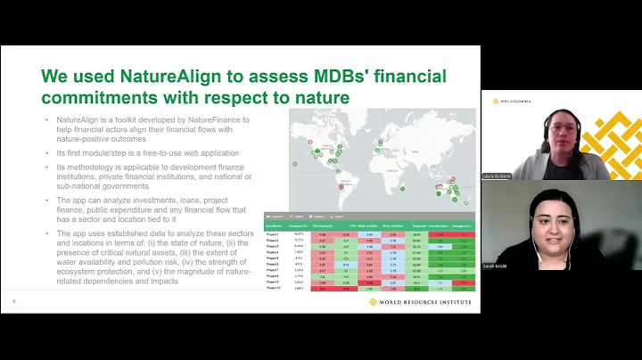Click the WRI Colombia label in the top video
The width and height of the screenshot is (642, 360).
pos(516,101)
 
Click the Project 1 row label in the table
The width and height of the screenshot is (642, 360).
pos(272,234)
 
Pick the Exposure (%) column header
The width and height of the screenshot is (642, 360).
pos(299,227)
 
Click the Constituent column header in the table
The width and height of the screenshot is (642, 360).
pos(274,227)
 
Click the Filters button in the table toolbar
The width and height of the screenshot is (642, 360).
pos(296,217)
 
